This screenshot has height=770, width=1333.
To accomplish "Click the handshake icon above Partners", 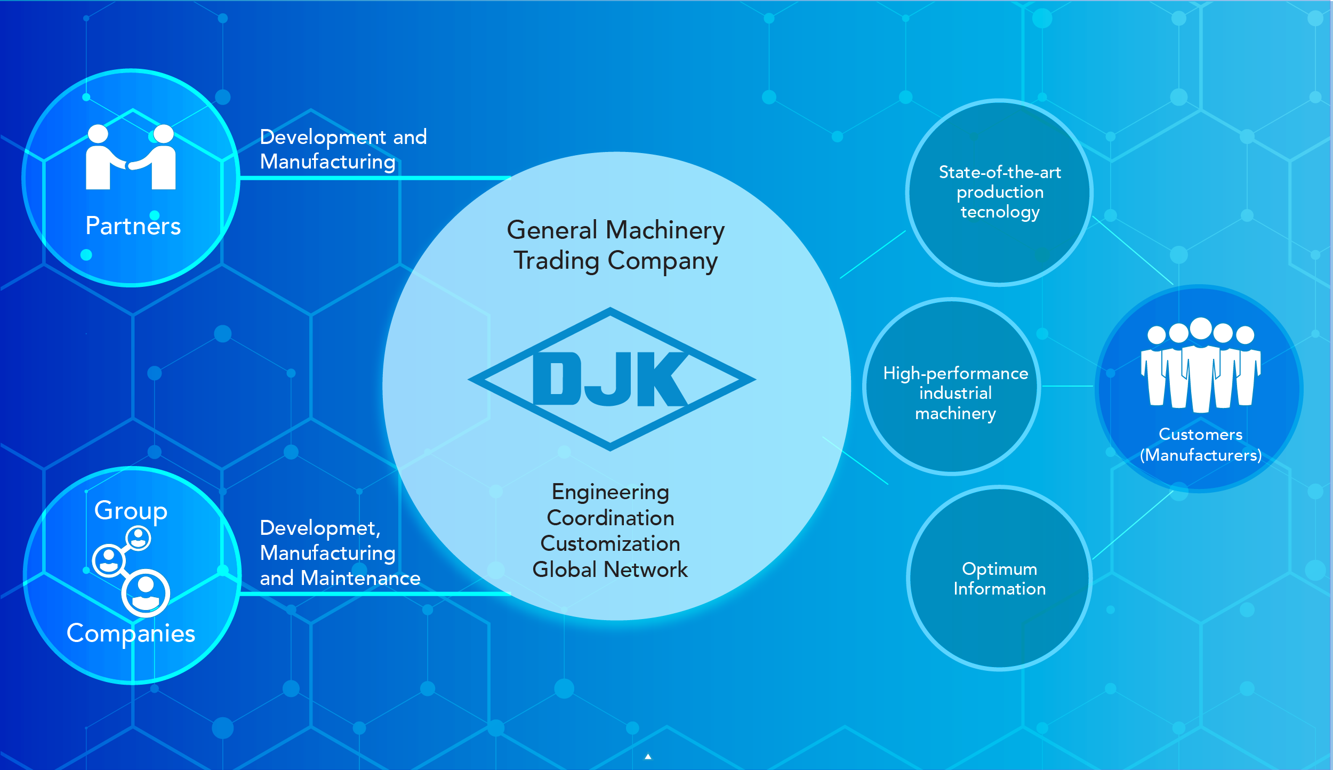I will [131, 158].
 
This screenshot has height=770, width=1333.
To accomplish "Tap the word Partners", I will [133, 226].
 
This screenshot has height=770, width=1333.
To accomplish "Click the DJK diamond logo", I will [612, 379].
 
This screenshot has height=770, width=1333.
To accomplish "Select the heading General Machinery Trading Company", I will [615, 245].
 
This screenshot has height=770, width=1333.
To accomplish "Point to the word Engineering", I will [611, 492].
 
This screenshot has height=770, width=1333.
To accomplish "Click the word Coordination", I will [611, 518].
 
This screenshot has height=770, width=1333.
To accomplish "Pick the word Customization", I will [611, 544].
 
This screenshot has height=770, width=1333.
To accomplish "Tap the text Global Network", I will [611, 570].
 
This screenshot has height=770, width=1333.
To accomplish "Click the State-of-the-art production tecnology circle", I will [999, 192].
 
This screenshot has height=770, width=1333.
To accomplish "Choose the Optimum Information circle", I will [999, 579].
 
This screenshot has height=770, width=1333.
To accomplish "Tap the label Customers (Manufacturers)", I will [1201, 445].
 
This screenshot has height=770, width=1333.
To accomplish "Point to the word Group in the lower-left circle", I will [131, 510].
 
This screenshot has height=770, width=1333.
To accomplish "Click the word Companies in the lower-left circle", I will [131, 633].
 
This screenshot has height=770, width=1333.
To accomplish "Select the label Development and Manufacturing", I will [343, 149].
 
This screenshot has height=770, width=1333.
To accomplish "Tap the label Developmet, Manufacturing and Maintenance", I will [340, 553].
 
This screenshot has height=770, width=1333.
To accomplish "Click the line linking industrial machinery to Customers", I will [1067, 386].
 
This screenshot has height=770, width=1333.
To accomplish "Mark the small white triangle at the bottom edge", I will [648, 757].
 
